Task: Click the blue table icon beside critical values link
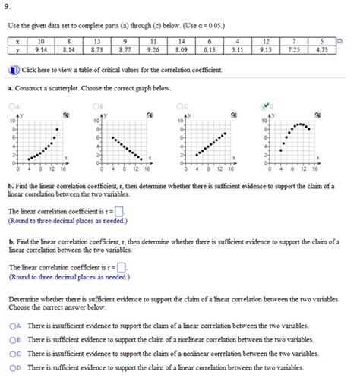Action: pos(13,70)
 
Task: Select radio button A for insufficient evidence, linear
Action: pos(14,325)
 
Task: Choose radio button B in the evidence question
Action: pos(14,339)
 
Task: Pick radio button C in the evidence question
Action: pos(14,354)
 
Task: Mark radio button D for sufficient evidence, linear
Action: pos(14,368)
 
